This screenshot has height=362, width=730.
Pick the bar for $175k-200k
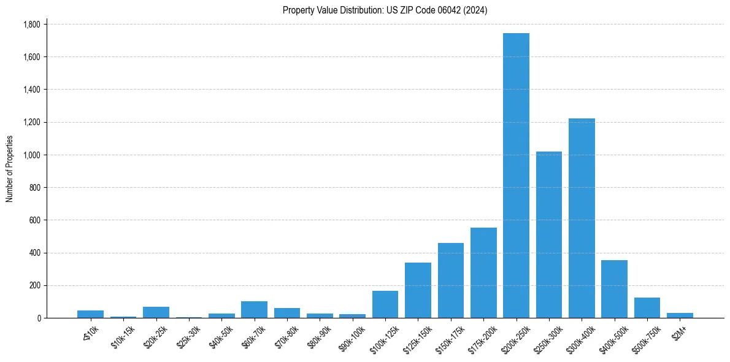coord(483,273)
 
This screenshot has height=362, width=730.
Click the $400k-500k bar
coord(614,289)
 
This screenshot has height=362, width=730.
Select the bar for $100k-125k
coord(385,304)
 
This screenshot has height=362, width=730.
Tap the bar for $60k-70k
coord(254,310)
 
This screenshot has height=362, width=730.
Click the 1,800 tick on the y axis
coord(31,25)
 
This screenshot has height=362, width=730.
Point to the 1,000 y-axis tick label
coord(31,155)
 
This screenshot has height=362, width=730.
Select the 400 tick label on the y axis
coord(35,253)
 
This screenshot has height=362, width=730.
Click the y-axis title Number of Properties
coord(10,169)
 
